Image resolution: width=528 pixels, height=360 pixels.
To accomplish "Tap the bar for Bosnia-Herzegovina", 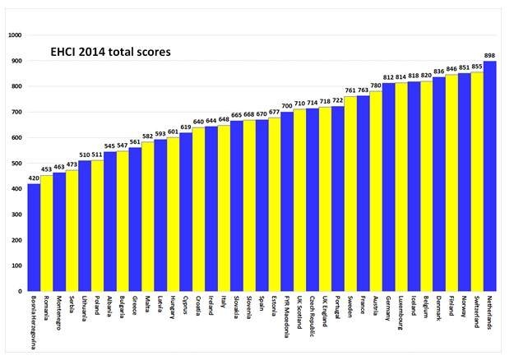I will [34, 238].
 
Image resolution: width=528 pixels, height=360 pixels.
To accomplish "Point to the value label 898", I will [490, 56].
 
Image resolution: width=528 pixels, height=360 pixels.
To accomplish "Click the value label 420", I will [34, 178].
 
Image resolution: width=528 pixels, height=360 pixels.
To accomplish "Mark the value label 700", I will [287, 107].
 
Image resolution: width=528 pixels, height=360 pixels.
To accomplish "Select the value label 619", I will [186, 127].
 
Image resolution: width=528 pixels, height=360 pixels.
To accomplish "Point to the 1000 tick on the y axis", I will [14, 36].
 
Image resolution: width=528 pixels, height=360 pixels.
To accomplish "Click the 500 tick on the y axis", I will [16, 164].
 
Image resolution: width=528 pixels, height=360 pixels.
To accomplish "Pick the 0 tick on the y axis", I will [21, 292].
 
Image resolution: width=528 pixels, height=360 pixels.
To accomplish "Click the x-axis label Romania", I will [47, 311].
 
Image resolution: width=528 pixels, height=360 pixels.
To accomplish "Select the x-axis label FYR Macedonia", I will [287, 316].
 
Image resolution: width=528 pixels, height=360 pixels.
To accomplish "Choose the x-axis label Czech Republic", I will [313, 317].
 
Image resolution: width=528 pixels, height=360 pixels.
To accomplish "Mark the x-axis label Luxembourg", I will [401, 316].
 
